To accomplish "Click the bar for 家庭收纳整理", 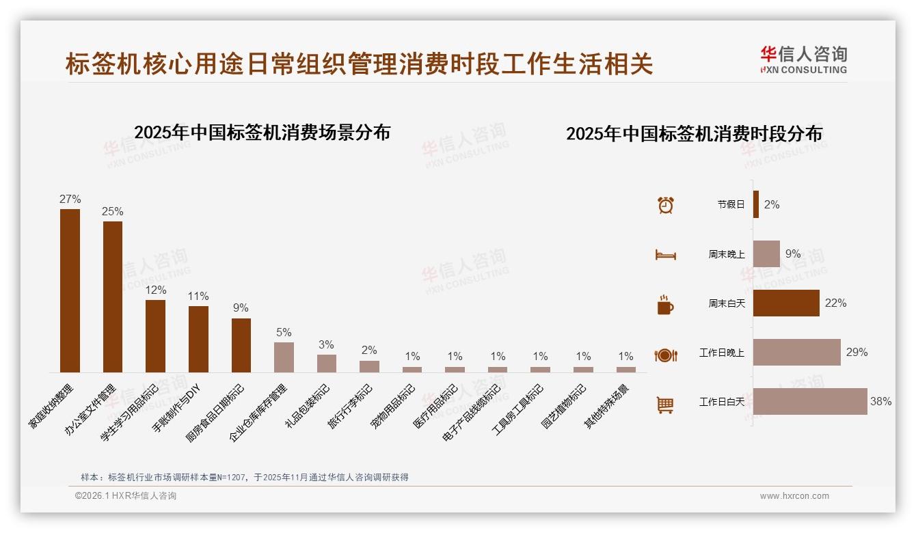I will pyautogui.click(x=70, y=290).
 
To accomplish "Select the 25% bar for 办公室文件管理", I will pyautogui.click(x=113, y=297).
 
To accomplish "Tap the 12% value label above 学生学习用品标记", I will pyautogui.click(x=155, y=290).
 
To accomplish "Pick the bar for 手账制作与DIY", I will pyautogui.click(x=198, y=339).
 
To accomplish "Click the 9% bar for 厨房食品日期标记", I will pyautogui.click(x=241, y=345).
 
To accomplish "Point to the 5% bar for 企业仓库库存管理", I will pyautogui.click(x=284, y=357).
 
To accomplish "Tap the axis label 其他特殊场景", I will pyautogui.click(x=607, y=406).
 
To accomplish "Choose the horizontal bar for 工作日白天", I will pyautogui.click(x=810, y=402).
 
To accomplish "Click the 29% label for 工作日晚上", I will pyautogui.click(x=857, y=353).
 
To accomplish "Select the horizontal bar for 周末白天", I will pyautogui.click(x=786, y=303).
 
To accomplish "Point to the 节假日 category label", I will pyautogui.click(x=731, y=204).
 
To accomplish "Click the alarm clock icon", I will pyautogui.click(x=666, y=204).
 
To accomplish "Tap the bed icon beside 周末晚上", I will pyautogui.click(x=666, y=254).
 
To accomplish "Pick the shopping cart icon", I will pyautogui.click(x=665, y=405).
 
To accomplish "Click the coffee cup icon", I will pyautogui.click(x=665, y=305).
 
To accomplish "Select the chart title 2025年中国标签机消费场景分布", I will pyautogui.click(x=262, y=133).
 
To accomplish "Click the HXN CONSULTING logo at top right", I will pyautogui.click(x=803, y=60).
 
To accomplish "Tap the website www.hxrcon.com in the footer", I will pyautogui.click(x=794, y=496).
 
